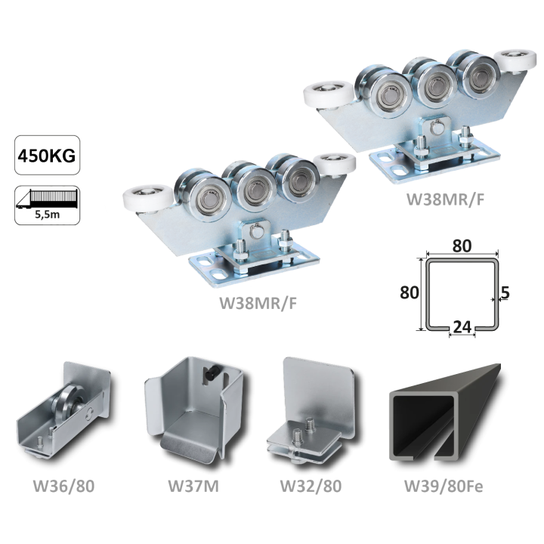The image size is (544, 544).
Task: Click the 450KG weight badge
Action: coord(47,155)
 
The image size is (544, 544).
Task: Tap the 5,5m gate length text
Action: coord(47,215)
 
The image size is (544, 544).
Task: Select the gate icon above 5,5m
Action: coord(47,199)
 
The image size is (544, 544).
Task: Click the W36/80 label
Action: coord(63,486)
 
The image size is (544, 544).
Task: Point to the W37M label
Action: coord(193,486)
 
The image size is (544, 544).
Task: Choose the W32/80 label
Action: coord(311,486)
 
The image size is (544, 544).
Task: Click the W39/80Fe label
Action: coord(444,486)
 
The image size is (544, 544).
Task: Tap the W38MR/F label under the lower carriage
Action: coord(258,303)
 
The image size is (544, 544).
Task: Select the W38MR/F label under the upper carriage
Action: coord(445,199)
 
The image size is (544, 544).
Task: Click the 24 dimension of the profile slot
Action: coord(462,327)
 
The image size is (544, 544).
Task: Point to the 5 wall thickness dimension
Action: coord(505,293)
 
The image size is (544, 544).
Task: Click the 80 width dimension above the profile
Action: coord(462,246)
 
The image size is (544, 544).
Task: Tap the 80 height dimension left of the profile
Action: coord(409,292)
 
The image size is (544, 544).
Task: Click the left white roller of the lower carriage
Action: coord(148,199)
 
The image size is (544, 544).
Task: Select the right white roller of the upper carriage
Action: coord(515,62)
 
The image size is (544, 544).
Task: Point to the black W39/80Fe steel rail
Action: coord(445,413)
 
